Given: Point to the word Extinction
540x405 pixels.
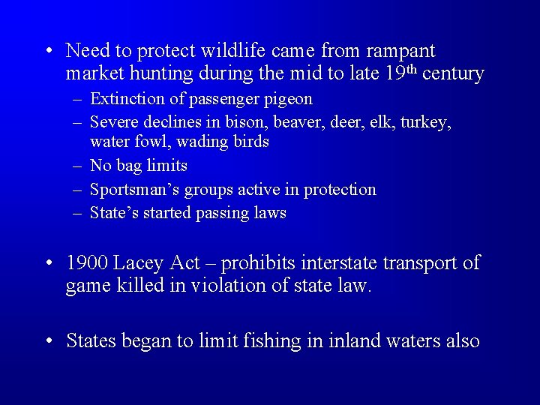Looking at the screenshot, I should [x=124, y=99].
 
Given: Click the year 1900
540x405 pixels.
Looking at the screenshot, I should [x=88, y=263].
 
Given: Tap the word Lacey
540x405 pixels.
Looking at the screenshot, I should [x=142, y=263].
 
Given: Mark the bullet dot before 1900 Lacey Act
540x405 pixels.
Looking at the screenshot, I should [x=48, y=264].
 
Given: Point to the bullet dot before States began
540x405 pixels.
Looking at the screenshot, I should [x=48, y=342].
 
